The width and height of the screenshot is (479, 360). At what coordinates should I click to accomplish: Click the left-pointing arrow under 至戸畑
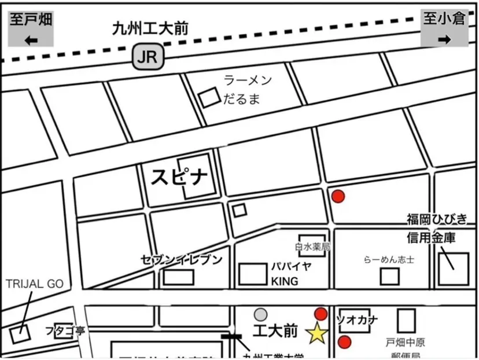[31, 39]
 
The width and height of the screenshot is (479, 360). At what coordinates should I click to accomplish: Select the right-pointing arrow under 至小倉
[444, 39]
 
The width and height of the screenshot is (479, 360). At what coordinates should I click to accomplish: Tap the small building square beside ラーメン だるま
[208, 97]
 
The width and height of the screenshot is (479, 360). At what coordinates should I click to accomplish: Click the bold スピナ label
[179, 177]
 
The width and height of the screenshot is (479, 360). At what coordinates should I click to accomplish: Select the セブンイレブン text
[181, 259]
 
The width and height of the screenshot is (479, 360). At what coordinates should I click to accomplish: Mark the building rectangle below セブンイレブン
[178, 277]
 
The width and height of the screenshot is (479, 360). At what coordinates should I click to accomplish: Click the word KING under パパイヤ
[285, 282]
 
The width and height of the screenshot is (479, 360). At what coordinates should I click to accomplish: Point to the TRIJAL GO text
[34, 284]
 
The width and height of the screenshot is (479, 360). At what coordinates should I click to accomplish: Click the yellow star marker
[316, 333]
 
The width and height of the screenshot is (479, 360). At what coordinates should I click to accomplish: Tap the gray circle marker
[261, 314]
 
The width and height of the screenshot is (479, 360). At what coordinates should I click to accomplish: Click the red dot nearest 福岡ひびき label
[338, 196]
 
